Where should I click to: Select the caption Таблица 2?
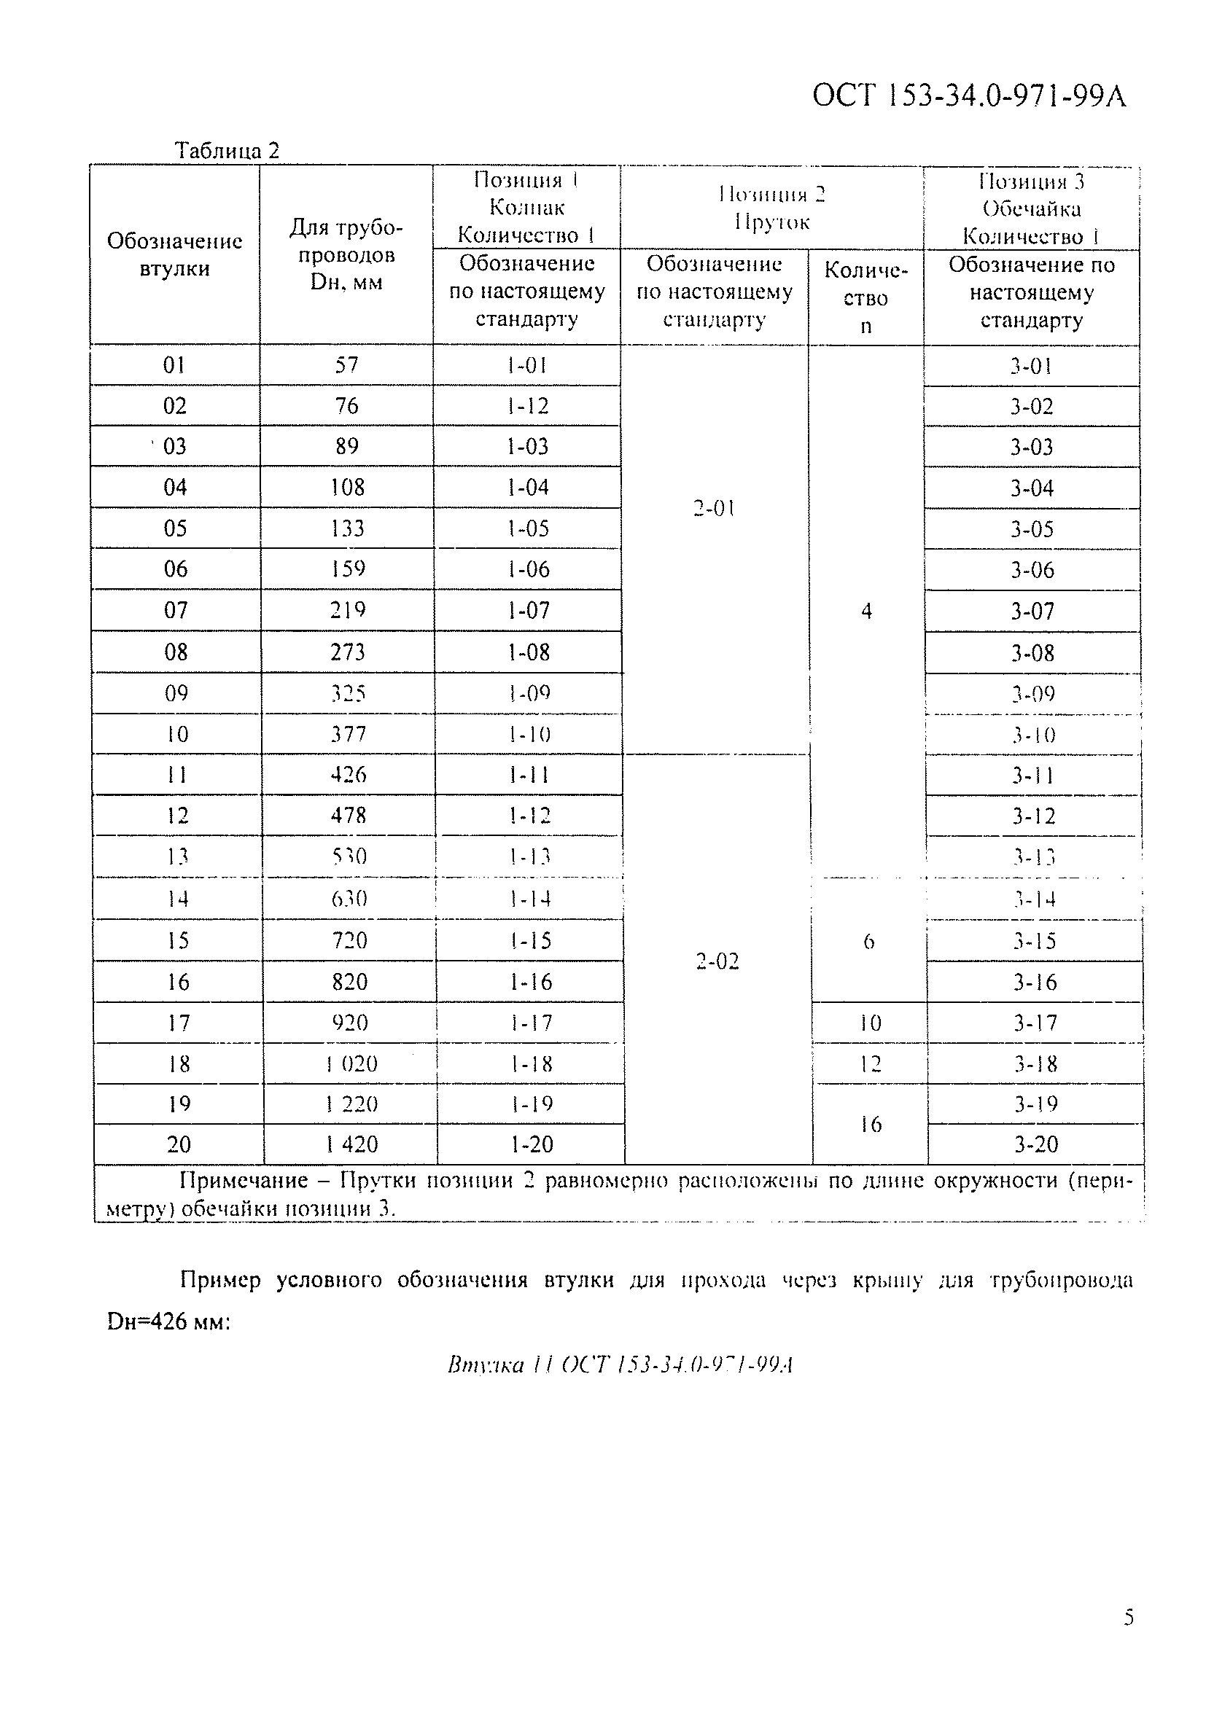tap(226, 150)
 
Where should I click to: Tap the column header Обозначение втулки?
tap(174, 255)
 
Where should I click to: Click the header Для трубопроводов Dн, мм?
tap(346, 255)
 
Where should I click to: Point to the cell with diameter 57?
tap(346, 365)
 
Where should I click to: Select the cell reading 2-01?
tap(714, 509)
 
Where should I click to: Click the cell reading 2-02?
tap(717, 961)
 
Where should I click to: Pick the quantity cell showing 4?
tap(866, 611)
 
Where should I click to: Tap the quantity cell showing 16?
tap(870, 1125)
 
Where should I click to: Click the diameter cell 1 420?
tap(351, 1144)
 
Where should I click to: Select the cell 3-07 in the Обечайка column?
tap(1032, 611)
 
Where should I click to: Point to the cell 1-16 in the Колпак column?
tap(530, 982)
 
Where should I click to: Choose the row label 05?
tap(175, 528)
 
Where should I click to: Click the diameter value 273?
tap(347, 652)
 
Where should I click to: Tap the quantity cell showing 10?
tap(870, 1023)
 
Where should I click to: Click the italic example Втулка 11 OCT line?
tap(620, 1365)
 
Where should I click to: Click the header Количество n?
tap(865, 297)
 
